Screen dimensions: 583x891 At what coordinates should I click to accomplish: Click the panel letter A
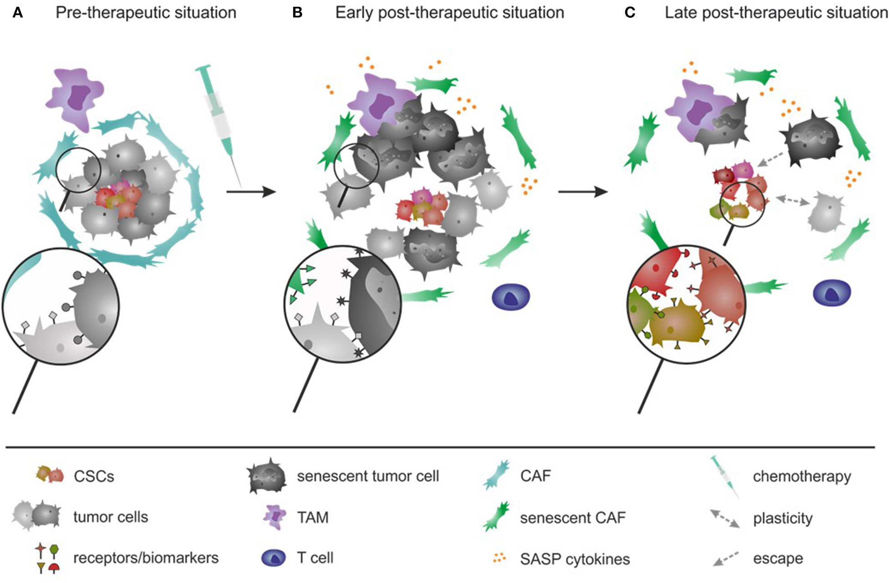point(18,13)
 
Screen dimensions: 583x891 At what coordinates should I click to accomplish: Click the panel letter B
point(297,13)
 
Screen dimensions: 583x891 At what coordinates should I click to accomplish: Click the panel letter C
point(630,13)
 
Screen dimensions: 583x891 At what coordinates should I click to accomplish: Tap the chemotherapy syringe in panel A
point(220,123)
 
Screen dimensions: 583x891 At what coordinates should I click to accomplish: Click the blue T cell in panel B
point(511,297)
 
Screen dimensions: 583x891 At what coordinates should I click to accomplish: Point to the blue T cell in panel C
point(832,293)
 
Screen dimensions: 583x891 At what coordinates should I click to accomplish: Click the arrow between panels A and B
point(251,192)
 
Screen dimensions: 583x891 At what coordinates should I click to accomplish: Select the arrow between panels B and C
point(583,192)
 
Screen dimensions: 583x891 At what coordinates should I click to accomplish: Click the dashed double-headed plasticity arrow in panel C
point(793,200)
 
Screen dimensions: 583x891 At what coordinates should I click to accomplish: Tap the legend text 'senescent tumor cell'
point(368,476)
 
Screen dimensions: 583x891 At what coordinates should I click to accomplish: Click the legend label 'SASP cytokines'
point(575,559)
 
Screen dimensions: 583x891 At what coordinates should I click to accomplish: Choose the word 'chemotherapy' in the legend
point(802,477)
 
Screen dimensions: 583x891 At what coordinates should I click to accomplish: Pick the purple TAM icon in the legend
point(275,517)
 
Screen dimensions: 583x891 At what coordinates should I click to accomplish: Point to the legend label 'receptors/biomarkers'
point(146,558)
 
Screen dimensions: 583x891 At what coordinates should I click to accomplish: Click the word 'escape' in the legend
point(778,558)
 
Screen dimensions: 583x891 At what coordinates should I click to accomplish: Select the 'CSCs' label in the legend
point(94,477)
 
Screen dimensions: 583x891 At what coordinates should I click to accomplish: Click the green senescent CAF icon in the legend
point(497,517)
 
